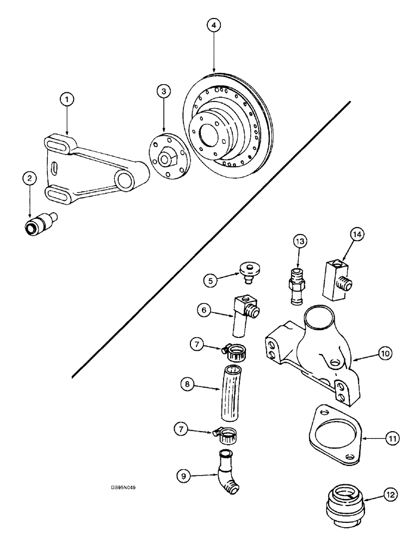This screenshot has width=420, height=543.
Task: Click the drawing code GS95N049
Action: [x=122, y=487]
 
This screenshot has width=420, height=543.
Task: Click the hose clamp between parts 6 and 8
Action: [x=236, y=353]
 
